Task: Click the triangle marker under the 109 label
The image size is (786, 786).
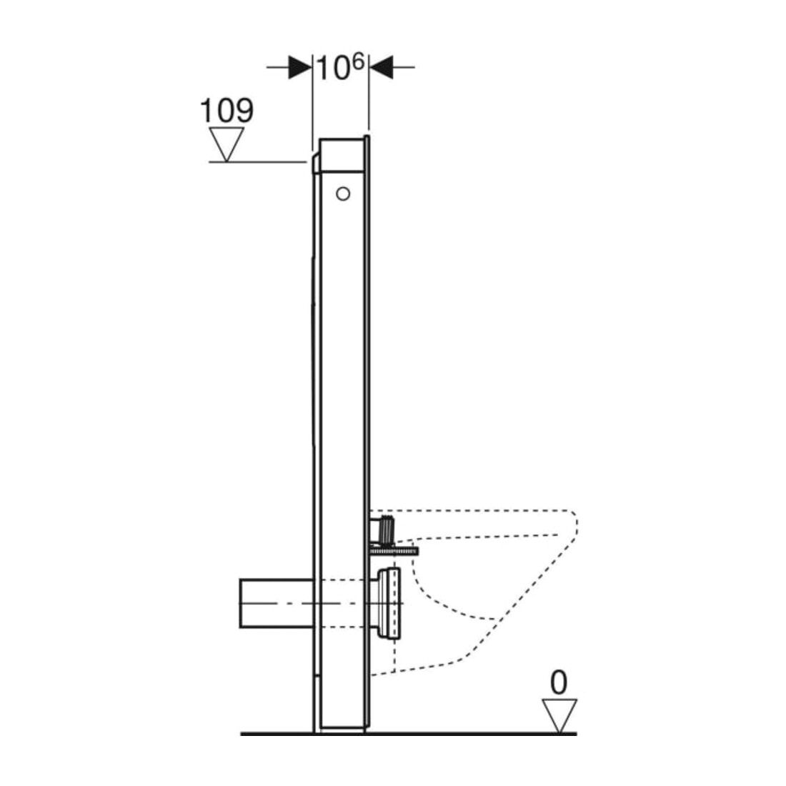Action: tap(227, 144)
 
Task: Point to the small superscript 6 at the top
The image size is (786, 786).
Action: tap(357, 61)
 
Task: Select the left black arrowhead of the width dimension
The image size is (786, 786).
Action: tap(300, 66)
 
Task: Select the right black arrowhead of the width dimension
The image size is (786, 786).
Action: tap(381, 66)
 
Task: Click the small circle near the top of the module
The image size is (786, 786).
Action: tap(343, 194)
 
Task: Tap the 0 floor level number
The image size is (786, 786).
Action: tap(559, 682)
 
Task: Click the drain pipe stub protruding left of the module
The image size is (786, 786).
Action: tap(277, 603)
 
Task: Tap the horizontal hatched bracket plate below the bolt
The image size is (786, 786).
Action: tap(394, 552)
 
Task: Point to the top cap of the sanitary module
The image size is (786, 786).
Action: tap(342, 155)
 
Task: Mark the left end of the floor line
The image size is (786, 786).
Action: tap(241, 734)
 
